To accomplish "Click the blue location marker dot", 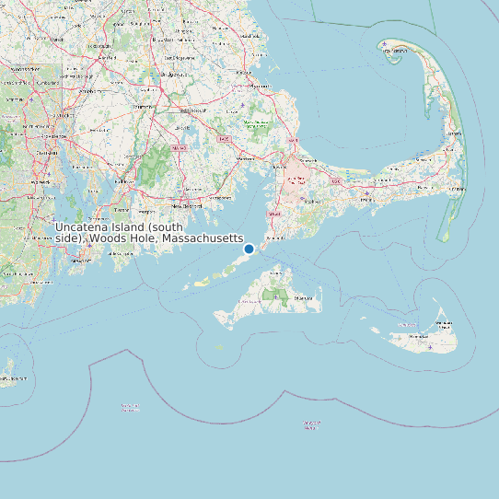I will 249,249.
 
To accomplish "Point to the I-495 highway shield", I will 224,139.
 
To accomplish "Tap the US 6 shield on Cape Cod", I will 335,182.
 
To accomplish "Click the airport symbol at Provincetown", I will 384,44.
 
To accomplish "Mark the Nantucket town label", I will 445,323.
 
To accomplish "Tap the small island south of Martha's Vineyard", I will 219,347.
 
